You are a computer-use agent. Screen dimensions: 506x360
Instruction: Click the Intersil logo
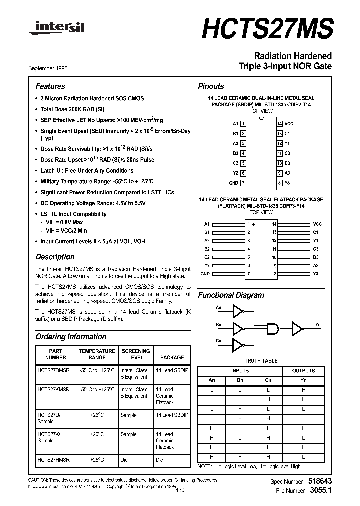[x=56, y=28]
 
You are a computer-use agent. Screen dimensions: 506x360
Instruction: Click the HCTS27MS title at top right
[x=267, y=28]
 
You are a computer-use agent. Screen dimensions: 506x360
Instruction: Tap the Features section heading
[x=50, y=86]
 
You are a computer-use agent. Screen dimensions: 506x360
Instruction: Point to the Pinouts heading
[x=211, y=86]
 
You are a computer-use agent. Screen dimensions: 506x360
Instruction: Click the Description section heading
[x=55, y=257]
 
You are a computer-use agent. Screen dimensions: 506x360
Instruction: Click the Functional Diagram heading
[x=231, y=295]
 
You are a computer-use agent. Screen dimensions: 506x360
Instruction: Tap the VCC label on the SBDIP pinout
[x=289, y=123]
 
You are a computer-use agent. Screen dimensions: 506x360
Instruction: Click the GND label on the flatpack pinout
[x=205, y=274]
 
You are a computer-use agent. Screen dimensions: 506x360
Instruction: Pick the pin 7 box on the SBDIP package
[x=243, y=183]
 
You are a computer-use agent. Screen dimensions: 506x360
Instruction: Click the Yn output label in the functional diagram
[x=318, y=324]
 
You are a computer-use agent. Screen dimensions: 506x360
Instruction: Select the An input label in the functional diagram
[x=219, y=307]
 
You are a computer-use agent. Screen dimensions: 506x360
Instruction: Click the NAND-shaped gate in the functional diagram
[x=273, y=328]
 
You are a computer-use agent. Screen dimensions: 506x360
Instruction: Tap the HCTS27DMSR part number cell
[x=54, y=370]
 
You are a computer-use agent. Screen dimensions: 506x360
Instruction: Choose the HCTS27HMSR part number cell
[x=54, y=459]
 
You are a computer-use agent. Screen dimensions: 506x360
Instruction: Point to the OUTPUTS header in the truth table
[x=303, y=371]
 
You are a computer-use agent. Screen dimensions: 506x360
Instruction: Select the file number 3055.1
[x=321, y=491]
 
